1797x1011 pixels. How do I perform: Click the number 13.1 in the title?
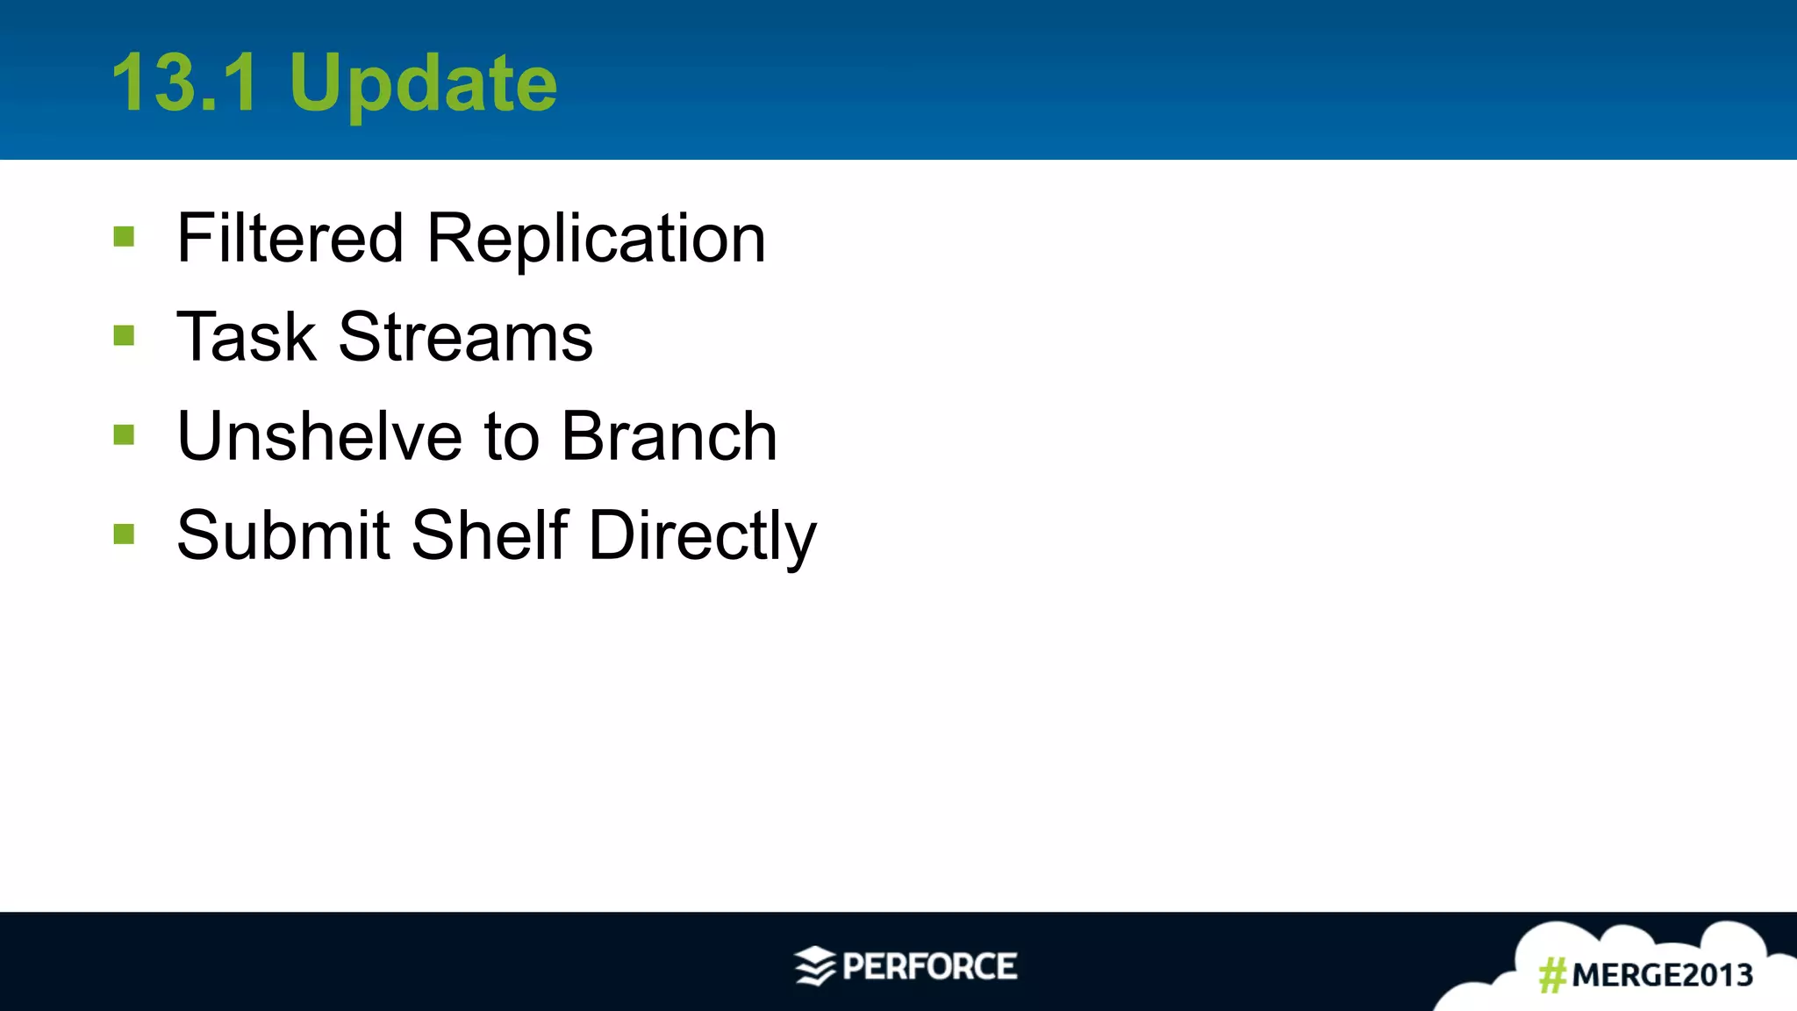[185, 82]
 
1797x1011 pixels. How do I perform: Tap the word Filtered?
[290, 238]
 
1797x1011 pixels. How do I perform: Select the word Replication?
[596, 240]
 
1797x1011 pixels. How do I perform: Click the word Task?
[246, 337]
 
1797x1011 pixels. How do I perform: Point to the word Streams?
[465, 337]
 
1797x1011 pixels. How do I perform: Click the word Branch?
[669, 436]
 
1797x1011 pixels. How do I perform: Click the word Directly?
[702, 536]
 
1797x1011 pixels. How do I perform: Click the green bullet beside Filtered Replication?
[124, 237]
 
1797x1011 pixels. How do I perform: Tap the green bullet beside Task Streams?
[124, 336]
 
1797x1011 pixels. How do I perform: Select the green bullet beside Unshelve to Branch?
[124, 435]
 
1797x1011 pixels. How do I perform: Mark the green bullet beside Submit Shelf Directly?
[124, 534]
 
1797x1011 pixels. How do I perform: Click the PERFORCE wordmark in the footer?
[929, 966]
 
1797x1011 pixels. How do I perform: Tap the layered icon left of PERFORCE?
[815, 966]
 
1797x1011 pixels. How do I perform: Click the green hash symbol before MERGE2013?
[1552, 975]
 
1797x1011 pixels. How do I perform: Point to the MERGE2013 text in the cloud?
[1662, 975]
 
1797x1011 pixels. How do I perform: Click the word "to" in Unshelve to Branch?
[512, 438]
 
